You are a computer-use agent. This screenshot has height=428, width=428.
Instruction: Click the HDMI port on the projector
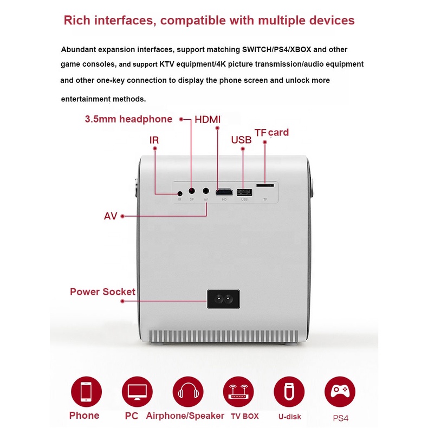coord(224,192)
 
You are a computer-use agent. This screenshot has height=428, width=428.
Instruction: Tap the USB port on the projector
coord(245,192)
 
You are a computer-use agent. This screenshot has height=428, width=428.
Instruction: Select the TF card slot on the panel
coord(265,185)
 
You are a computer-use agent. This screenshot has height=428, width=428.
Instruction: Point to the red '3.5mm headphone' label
coord(128,119)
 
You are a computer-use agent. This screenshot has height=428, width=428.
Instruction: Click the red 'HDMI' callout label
coord(207,119)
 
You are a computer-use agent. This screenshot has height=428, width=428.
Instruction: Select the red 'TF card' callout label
coord(271,132)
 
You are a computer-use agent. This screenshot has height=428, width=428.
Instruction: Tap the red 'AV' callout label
coord(111,216)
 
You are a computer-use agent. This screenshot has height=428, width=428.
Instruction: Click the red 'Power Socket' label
coord(102,291)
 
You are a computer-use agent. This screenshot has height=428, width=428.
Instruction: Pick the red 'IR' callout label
coord(154,140)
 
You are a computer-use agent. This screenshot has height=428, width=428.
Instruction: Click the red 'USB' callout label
coord(241,140)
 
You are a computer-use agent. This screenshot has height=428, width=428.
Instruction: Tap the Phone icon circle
coord(86,392)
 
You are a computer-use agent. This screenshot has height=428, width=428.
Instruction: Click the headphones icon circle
coord(188,392)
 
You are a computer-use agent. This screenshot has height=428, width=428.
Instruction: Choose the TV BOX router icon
coord(238,392)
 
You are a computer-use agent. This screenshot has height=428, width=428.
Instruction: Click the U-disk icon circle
coord(289,392)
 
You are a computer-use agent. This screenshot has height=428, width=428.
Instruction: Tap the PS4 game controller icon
coord(340,392)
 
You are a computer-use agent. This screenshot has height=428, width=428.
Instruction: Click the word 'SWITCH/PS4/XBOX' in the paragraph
coord(276,49)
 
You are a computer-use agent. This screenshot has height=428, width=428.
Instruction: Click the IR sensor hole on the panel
coord(180,192)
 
